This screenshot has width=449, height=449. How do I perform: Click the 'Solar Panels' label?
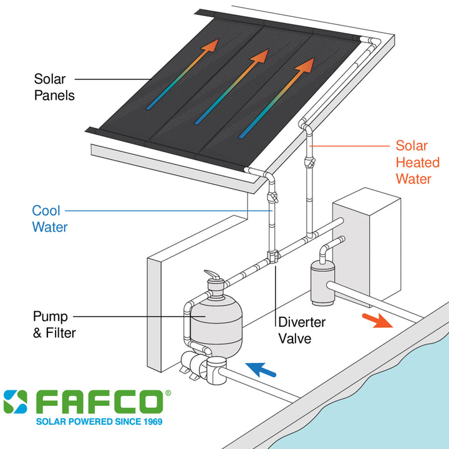click(x=54, y=87)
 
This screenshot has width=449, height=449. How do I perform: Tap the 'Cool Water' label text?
click(x=50, y=219)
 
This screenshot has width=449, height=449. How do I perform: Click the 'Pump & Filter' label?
click(x=54, y=324)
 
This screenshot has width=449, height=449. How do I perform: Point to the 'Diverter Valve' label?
click(x=301, y=330)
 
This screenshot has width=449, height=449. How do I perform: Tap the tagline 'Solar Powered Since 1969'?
click(x=99, y=422)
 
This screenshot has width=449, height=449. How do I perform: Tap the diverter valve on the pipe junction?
click(x=273, y=256)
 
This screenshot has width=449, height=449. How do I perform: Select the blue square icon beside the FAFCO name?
click(x=15, y=402)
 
